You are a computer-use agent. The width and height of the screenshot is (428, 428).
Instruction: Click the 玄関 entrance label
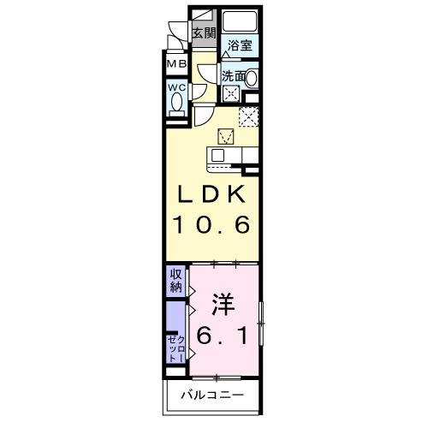[x=203, y=33]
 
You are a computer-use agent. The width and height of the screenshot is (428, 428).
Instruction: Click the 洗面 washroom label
[x=233, y=76]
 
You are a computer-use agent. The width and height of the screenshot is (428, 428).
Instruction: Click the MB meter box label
[x=176, y=64]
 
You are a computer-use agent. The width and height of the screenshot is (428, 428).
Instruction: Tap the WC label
[x=176, y=87]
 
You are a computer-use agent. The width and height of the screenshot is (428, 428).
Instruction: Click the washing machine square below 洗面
[x=232, y=93]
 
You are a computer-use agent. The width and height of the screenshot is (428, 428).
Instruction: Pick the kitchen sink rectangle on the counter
[x=217, y=155]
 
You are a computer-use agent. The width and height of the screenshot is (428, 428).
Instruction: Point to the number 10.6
[x=213, y=226]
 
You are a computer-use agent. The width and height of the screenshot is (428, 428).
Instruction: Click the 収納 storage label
[x=175, y=281]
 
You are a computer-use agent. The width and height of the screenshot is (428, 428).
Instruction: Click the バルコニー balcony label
[x=212, y=395]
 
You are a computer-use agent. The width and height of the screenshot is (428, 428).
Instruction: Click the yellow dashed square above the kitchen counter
[x=227, y=134]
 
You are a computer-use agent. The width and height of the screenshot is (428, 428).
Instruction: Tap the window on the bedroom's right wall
[x=262, y=322]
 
